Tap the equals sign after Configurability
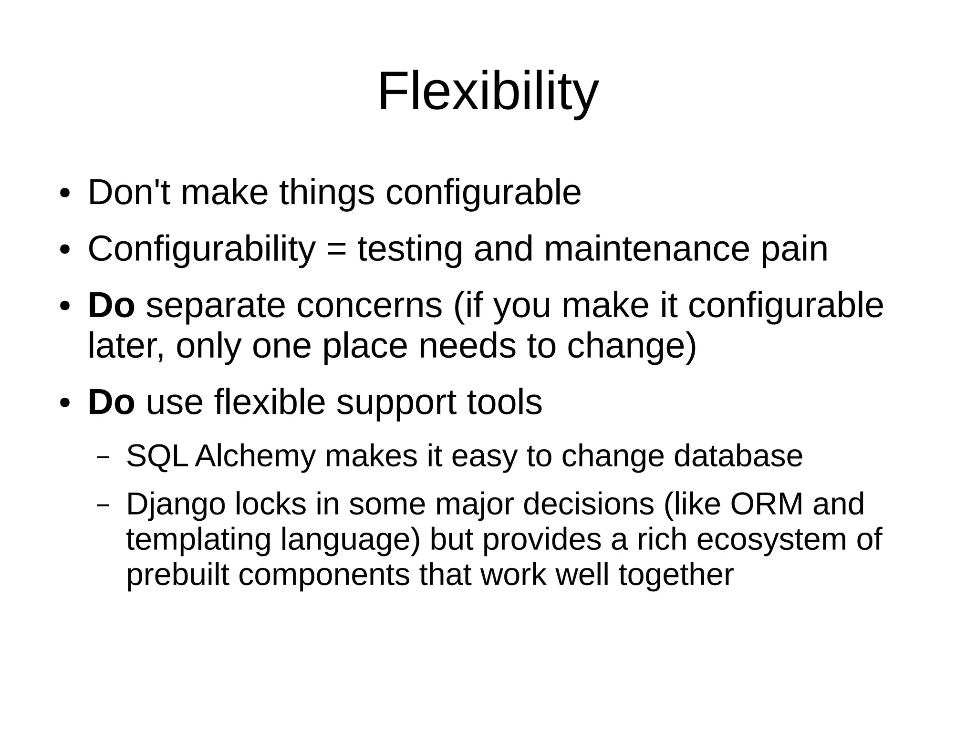click(x=337, y=250)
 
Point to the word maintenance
click(x=647, y=249)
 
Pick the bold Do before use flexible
click(x=112, y=402)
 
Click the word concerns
click(x=369, y=306)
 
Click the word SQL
click(x=156, y=456)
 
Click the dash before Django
click(x=103, y=505)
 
